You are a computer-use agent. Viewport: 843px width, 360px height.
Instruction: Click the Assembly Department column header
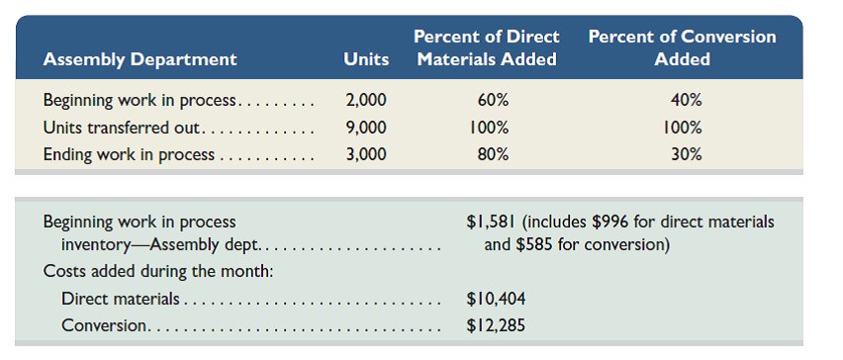(140, 59)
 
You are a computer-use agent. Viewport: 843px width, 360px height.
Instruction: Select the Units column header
(365, 59)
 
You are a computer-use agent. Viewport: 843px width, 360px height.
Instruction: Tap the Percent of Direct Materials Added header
(486, 47)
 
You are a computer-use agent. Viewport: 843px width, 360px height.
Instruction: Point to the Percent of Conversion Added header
(682, 47)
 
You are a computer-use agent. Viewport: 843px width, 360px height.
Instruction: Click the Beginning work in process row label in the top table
(140, 101)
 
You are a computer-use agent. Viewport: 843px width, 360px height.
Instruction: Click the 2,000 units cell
(366, 101)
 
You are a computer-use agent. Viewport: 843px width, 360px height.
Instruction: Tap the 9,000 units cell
(366, 128)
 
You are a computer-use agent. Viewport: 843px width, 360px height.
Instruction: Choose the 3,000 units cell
(366, 154)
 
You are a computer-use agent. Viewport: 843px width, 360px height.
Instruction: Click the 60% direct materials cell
(486, 101)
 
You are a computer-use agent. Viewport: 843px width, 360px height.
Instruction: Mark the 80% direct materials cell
(486, 154)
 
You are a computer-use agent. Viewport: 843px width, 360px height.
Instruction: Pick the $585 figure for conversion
(535, 243)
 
